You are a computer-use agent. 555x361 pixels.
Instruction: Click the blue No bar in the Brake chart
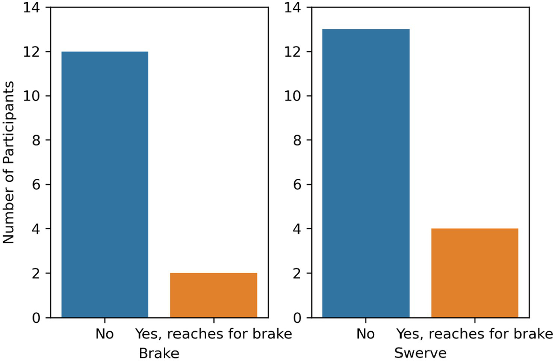tap(104, 184)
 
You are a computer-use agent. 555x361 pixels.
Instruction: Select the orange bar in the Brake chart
tap(213, 295)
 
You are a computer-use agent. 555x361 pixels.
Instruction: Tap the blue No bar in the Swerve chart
tap(366, 173)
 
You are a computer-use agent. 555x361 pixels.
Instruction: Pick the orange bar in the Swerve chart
tap(475, 273)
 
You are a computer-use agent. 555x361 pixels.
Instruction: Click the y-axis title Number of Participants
tap(8, 162)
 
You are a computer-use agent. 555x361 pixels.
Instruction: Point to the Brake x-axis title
tap(159, 353)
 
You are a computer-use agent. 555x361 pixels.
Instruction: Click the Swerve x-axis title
tap(420, 353)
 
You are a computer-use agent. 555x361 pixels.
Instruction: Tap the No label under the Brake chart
tap(104, 334)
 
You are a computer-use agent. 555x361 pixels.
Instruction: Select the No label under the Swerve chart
tap(366, 334)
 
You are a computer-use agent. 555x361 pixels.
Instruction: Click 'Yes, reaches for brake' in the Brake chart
tap(213, 334)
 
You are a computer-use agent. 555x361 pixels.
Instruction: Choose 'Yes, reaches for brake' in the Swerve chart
tap(475, 334)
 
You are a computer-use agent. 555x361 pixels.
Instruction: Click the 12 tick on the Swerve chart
tap(293, 52)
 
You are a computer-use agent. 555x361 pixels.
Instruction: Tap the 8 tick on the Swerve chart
tap(297, 140)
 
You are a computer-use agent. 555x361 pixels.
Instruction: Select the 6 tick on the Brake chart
tap(36, 185)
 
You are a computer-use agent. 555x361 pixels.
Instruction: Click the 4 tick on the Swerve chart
tap(297, 229)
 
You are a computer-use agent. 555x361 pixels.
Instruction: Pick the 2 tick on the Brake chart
tap(36, 273)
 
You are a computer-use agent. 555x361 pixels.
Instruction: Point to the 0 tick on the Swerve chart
tap(297, 318)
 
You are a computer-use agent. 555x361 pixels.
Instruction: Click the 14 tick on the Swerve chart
tap(293, 8)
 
